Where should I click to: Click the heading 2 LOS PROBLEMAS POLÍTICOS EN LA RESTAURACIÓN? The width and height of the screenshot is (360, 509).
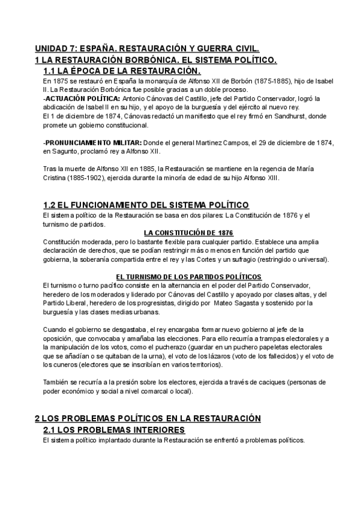[148, 418]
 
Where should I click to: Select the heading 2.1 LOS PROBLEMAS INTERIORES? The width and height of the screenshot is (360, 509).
[114, 430]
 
